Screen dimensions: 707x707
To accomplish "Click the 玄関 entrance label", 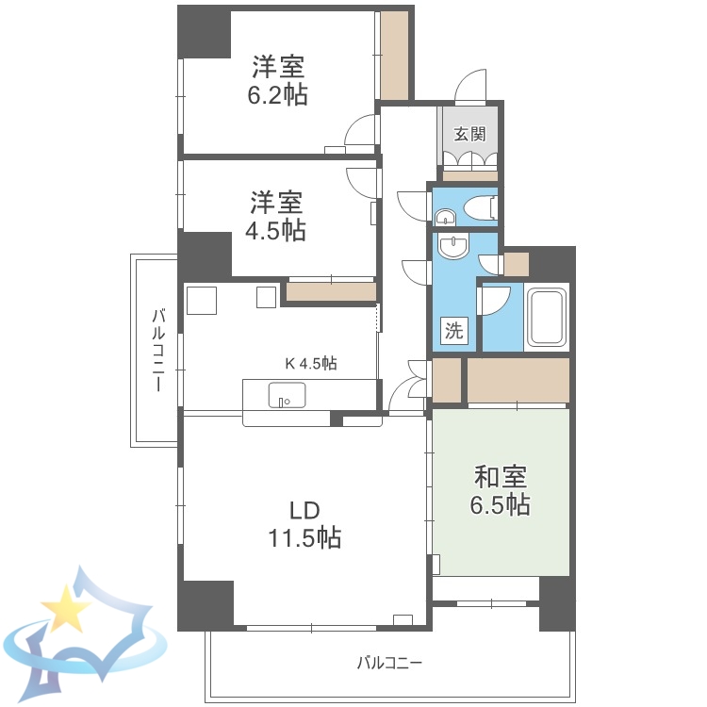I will pos(469,134).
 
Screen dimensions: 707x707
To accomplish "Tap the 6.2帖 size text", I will pos(278,95).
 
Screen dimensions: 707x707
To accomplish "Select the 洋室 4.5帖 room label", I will pos(277,216).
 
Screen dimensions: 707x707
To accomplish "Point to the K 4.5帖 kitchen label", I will pos(312,362).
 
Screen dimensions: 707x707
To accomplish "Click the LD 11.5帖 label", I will pos(304,525).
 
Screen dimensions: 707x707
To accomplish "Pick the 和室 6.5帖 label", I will pos(500,491).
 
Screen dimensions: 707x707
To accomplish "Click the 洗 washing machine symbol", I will pos(454,331).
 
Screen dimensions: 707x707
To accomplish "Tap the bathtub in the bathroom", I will pos(546,318).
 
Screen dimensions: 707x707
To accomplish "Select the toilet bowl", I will pos(478,206).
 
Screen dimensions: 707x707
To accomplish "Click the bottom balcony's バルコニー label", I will pos(389,662).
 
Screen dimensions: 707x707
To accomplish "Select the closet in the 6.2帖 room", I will pos(394,55).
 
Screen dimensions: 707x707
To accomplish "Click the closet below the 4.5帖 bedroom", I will pos(330,292).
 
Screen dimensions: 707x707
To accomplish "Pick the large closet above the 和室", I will pos(518,379).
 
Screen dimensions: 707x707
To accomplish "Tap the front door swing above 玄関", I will pos(469,88).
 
